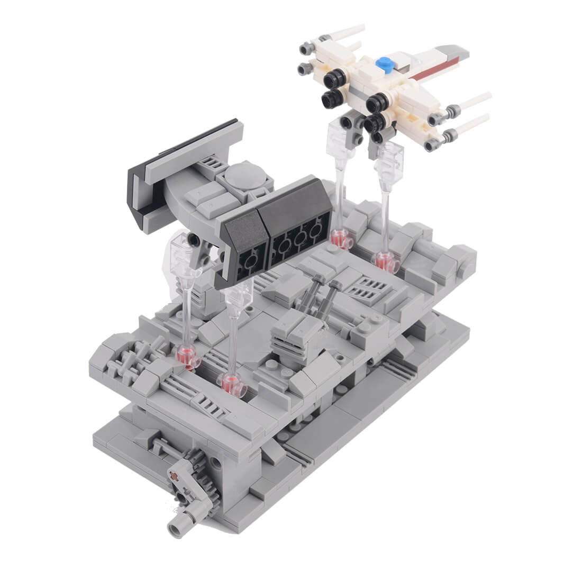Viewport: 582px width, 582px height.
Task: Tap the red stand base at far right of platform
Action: (384, 261)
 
